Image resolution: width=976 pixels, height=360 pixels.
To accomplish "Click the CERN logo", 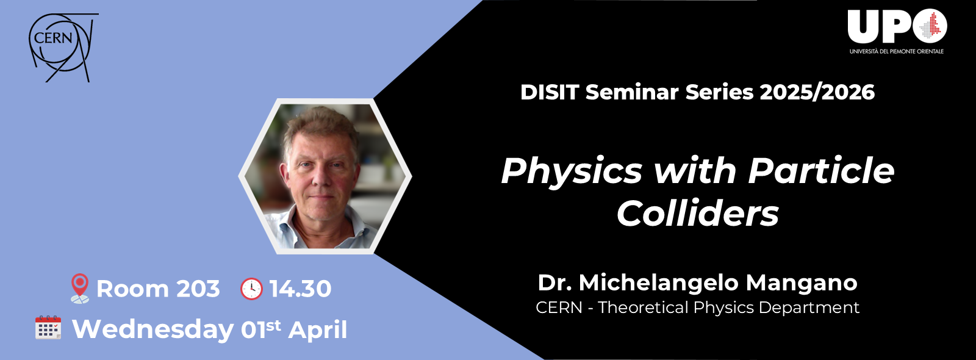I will pos(61,47).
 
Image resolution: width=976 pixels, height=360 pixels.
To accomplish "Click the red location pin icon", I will pos(79,288).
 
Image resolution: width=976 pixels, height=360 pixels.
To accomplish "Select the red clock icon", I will pos(251,289).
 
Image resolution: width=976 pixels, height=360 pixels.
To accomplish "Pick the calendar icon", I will pos(48,328).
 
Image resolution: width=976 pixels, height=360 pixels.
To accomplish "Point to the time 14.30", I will pos(300,289).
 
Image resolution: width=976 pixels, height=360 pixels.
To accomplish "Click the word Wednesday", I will pos(152,329).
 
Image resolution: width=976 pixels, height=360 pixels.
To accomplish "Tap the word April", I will pos(318,329).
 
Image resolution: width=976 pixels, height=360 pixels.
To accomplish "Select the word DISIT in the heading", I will pos(549,92).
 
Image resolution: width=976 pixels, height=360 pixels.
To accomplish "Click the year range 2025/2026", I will pos(817,92).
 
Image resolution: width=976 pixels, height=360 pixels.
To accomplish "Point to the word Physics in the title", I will pos(572,171).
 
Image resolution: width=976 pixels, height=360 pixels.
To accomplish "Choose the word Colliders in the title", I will pos(698,214).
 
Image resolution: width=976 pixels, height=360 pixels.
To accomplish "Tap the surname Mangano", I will pos(802,283).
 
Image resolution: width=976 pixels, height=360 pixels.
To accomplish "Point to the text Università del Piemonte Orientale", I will pos(896,51).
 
